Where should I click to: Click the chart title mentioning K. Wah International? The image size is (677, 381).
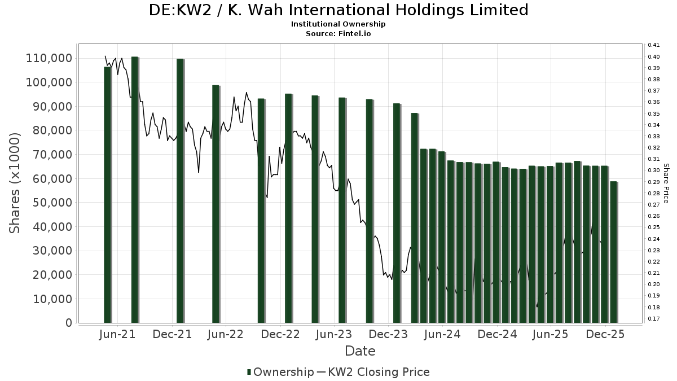[x=338, y=10]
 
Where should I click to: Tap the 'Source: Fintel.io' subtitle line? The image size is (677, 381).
[x=338, y=33]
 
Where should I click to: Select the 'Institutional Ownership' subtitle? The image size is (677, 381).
[x=338, y=24]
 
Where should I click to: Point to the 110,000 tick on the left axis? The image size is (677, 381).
[x=49, y=58]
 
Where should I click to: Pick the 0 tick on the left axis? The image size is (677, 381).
[x=69, y=323]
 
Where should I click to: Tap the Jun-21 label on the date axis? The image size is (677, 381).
[x=117, y=334]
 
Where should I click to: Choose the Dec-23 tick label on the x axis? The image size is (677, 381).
[x=389, y=334]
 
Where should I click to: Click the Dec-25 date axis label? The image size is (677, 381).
[x=605, y=334]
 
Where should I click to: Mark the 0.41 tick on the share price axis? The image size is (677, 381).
[x=653, y=45]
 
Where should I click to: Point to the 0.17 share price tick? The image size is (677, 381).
[x=653, y=319]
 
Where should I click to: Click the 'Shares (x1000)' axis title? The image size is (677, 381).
[x=15, y=183]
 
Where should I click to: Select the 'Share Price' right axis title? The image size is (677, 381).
[x=666, y=183]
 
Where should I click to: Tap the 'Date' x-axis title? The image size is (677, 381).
[x=360, y=351]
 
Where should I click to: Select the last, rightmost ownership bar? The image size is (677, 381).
[x=614, y=252]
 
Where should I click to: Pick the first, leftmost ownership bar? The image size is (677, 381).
[x=108, y=195]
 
